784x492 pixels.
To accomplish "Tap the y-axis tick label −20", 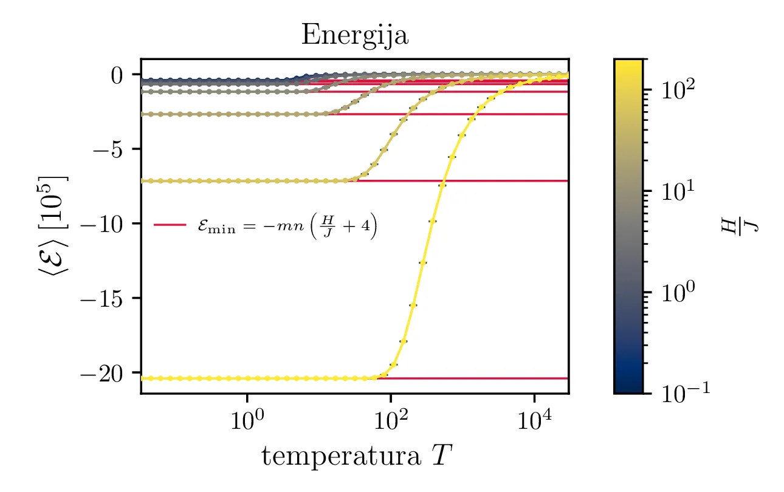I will coord(106,373).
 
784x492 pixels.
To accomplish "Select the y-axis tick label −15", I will coord(106,298).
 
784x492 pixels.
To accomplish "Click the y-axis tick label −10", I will coord(106,224).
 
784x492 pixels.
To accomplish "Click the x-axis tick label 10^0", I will coord(247,419).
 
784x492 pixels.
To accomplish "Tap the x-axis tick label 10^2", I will coord(390,419).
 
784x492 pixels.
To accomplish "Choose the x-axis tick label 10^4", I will coord(534,419).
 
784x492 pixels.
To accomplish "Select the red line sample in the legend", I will coord(170,225).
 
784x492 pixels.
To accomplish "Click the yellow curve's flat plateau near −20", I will coord(243,378).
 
